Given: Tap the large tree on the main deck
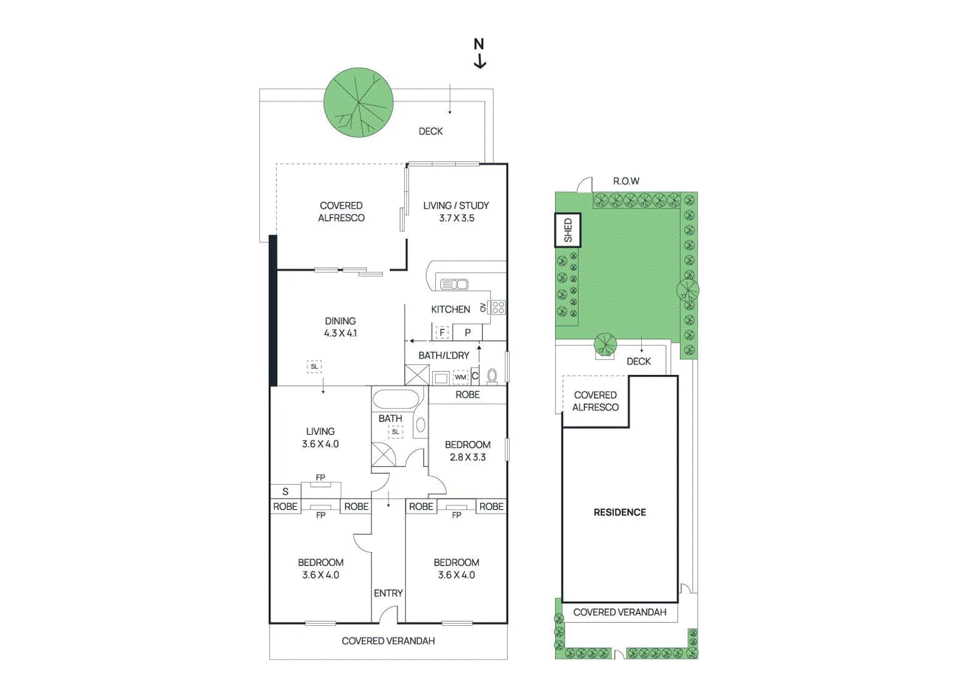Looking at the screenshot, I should tap(358, 102).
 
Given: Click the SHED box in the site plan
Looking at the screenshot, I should tap(568, 230).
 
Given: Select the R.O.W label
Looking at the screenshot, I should tap(626, 181).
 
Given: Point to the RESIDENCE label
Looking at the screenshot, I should tap(620, 512).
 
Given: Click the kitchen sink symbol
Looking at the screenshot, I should tap(454, 284).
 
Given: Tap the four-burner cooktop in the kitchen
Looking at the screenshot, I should tap(498, 308).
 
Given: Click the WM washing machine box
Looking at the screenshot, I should tap(460, 377).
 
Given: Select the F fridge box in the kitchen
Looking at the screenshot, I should tap(442, 332).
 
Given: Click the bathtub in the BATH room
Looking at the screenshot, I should tap(396, 399).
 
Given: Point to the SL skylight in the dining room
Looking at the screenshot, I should tap(314, 367).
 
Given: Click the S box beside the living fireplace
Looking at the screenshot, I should tap(286, 491).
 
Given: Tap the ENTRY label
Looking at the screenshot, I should tap(388, 593).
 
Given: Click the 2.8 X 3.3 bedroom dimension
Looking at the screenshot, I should tap(468, 457).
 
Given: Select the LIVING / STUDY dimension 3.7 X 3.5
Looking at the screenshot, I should tap(456, 218).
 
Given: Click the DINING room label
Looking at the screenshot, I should tap(340, 321).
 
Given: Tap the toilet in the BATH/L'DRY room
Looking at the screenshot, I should tap(492, 376).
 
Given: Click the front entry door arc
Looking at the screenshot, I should tap(389, 613).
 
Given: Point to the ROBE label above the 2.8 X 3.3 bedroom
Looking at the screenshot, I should tap(468, 395).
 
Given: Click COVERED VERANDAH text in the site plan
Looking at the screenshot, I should tap(620, 612).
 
